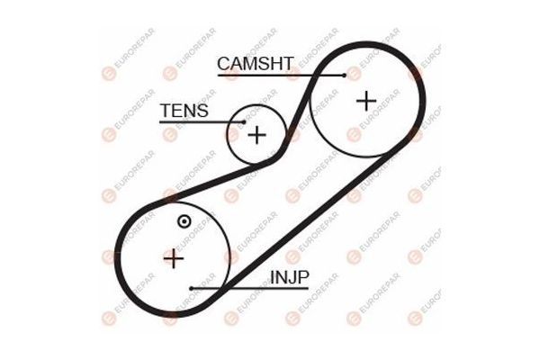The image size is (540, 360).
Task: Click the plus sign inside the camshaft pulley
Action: pos(365,100)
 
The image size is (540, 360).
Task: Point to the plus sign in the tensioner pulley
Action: pos(256,136)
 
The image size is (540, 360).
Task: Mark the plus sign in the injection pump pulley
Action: pos(174,258)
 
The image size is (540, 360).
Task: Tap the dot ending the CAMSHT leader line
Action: pos(344,76)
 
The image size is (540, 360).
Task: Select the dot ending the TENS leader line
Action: pos(243,121)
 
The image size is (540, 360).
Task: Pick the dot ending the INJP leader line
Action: pos(192,289)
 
